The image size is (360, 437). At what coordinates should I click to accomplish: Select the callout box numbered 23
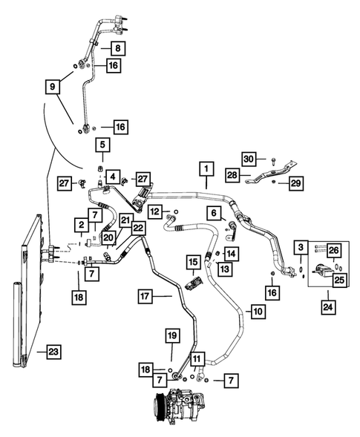click(52, 351)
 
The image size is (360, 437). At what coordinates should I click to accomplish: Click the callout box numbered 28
click(232, 176)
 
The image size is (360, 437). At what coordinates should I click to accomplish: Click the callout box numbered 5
click(102, 145)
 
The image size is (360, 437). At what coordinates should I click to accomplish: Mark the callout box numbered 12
click(154, 212)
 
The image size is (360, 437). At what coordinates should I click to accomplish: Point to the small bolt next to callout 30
click(274, 159)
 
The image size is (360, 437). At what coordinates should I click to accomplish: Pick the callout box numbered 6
click(213, 213)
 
